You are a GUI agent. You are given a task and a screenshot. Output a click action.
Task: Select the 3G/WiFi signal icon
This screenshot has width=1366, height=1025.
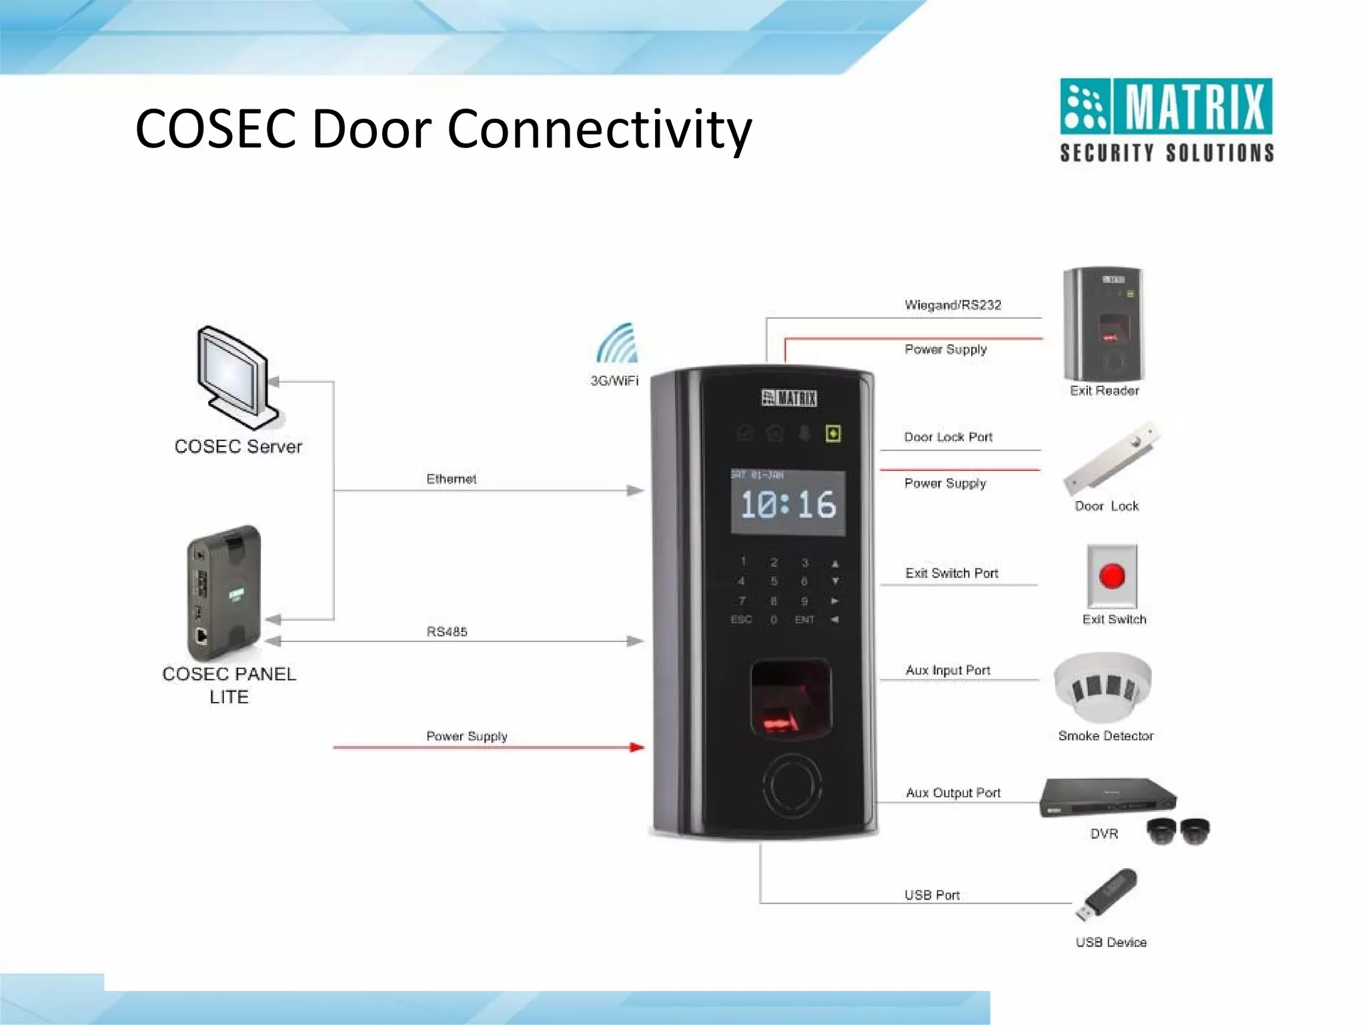pyautogui.click(x=618, y=344)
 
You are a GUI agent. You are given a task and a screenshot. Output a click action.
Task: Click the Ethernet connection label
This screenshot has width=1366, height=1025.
pyautogui.click(x=452, y=479)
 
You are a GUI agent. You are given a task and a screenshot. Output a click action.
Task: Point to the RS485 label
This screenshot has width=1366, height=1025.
pyautogui.click(x=447, y=631)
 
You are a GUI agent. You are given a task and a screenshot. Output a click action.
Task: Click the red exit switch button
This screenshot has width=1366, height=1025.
pyautogui.click(x=1112, y=576)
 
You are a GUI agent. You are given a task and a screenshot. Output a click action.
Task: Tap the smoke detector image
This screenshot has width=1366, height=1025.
pyautogui.click(x=1103, y=687)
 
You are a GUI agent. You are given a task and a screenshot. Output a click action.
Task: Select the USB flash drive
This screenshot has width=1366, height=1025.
pyautogui.click(x=1108, y=894)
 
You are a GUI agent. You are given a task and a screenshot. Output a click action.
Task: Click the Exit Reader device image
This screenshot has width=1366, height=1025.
pyautogui.click(x=1104, y=324)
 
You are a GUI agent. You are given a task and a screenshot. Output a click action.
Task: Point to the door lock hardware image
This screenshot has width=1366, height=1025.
pyautogui.click(x=1111, y=458)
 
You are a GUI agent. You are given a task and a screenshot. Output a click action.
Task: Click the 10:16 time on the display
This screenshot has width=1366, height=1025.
pyautogui.click(x=788, y=504)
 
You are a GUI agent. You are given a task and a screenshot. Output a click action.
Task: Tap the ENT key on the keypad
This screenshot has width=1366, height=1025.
pyautogui.click(x=804, y=620)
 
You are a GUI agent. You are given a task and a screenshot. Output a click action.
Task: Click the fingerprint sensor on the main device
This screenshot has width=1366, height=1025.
pyautogui.click(x=791, y=697)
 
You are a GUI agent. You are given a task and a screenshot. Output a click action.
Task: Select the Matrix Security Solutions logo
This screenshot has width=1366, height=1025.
pyautogui.click(x=1167, y=120)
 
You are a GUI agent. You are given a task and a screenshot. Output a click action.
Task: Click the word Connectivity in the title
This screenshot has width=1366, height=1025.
pyautogui.click(x=600, y=128)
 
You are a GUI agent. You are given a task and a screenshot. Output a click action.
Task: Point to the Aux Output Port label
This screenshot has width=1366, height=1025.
pyautogui.click(x=953, y=793)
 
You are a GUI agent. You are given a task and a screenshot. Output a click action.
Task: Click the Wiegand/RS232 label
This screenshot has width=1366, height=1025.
pyautogui.click(x=952, y=305)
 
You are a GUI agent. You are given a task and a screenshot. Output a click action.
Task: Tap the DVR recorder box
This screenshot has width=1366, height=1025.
pyautogui.click(x=1107, y=797)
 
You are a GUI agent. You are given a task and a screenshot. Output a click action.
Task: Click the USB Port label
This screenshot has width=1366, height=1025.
pyautogui.click(x=932, y=895)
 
